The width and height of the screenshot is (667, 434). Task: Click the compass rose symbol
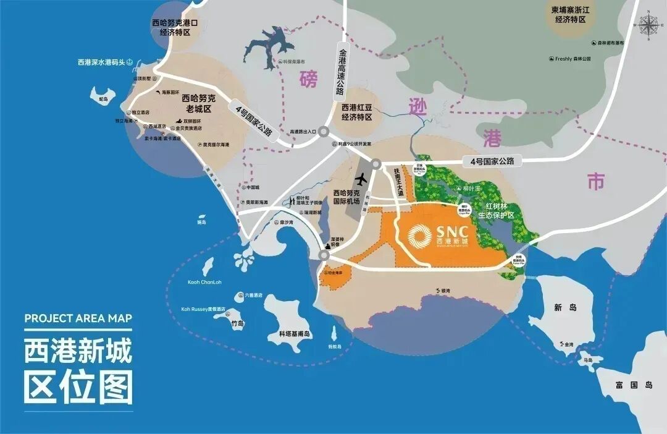click(x=648, y=25)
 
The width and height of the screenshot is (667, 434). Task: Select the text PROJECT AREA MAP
click(x=78, y=318)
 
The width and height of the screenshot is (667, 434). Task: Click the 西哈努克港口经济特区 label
click(x=175, y=28)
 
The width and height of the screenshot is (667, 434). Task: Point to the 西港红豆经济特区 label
click(x=357, y=112)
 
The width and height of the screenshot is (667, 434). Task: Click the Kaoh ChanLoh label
click(x=204, y=283)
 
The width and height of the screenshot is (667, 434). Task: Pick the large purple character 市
click(x=596, y=181)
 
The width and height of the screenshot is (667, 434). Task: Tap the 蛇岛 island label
click(x=103, y=99)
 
